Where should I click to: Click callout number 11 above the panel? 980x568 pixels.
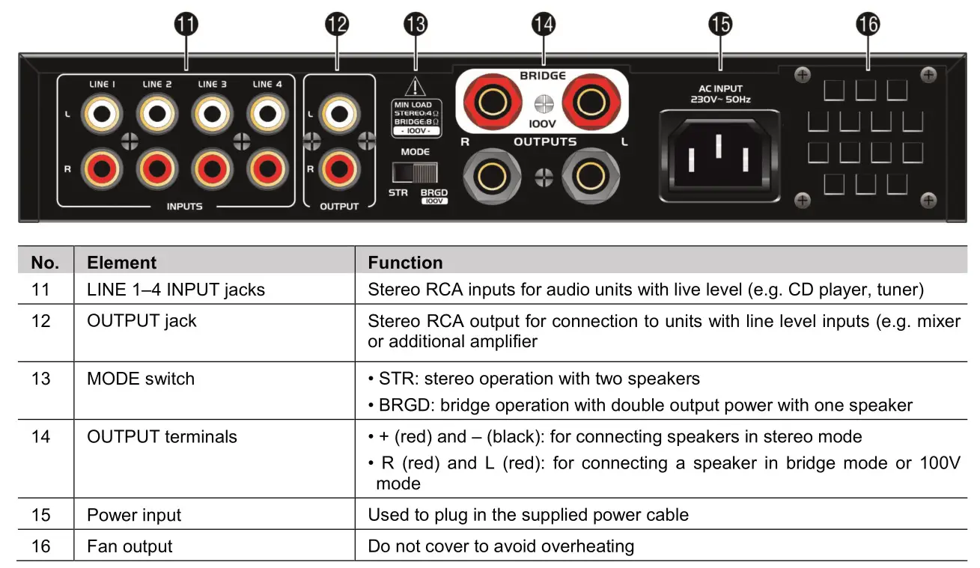click(x=186, y=25)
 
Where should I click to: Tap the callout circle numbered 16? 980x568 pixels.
click(x=868, y=25)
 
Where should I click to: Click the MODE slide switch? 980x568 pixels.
click(x=416, y=174)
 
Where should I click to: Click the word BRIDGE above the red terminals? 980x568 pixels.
click(x=543, y=76)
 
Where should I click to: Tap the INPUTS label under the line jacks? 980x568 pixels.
click(x=184, y=207)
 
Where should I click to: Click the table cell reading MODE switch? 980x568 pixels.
click(x=141, y=379)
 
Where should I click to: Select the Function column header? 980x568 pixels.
click(x=405, y=263)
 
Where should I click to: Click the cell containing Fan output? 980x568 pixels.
click(x=130, y=546)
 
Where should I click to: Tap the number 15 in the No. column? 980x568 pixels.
click(x=41, y=515)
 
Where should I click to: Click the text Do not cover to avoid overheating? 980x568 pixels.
click(x=500, y=546)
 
